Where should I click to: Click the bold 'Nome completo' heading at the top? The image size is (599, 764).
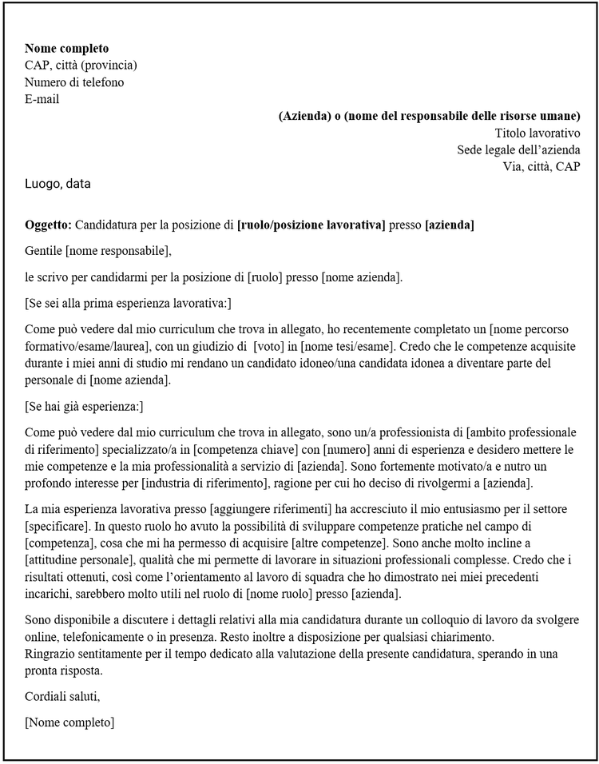(x=66, y=49)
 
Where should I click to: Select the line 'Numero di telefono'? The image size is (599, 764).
(x=74, y=82)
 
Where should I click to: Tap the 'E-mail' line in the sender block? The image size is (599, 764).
(x=42, y=99)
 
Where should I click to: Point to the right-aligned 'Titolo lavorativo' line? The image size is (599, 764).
(x=537, y=133)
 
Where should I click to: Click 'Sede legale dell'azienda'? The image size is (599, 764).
(x=518, y=149)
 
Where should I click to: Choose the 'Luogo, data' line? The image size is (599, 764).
(x=58, y=184)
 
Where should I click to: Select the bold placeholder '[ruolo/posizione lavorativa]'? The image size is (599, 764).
(x=311, y=225)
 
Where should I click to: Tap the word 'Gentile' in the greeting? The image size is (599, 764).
(x=44, y=251)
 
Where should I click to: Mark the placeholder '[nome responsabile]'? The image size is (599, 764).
(x=118, y=251)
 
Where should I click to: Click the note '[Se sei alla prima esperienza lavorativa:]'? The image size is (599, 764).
(x=128, y=304)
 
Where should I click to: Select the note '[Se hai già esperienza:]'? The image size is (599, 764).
(x=84, y=406)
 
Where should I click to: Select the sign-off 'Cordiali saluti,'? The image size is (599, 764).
(x=62, y=696)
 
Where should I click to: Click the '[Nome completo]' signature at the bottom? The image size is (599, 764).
(x=69, y=722)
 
